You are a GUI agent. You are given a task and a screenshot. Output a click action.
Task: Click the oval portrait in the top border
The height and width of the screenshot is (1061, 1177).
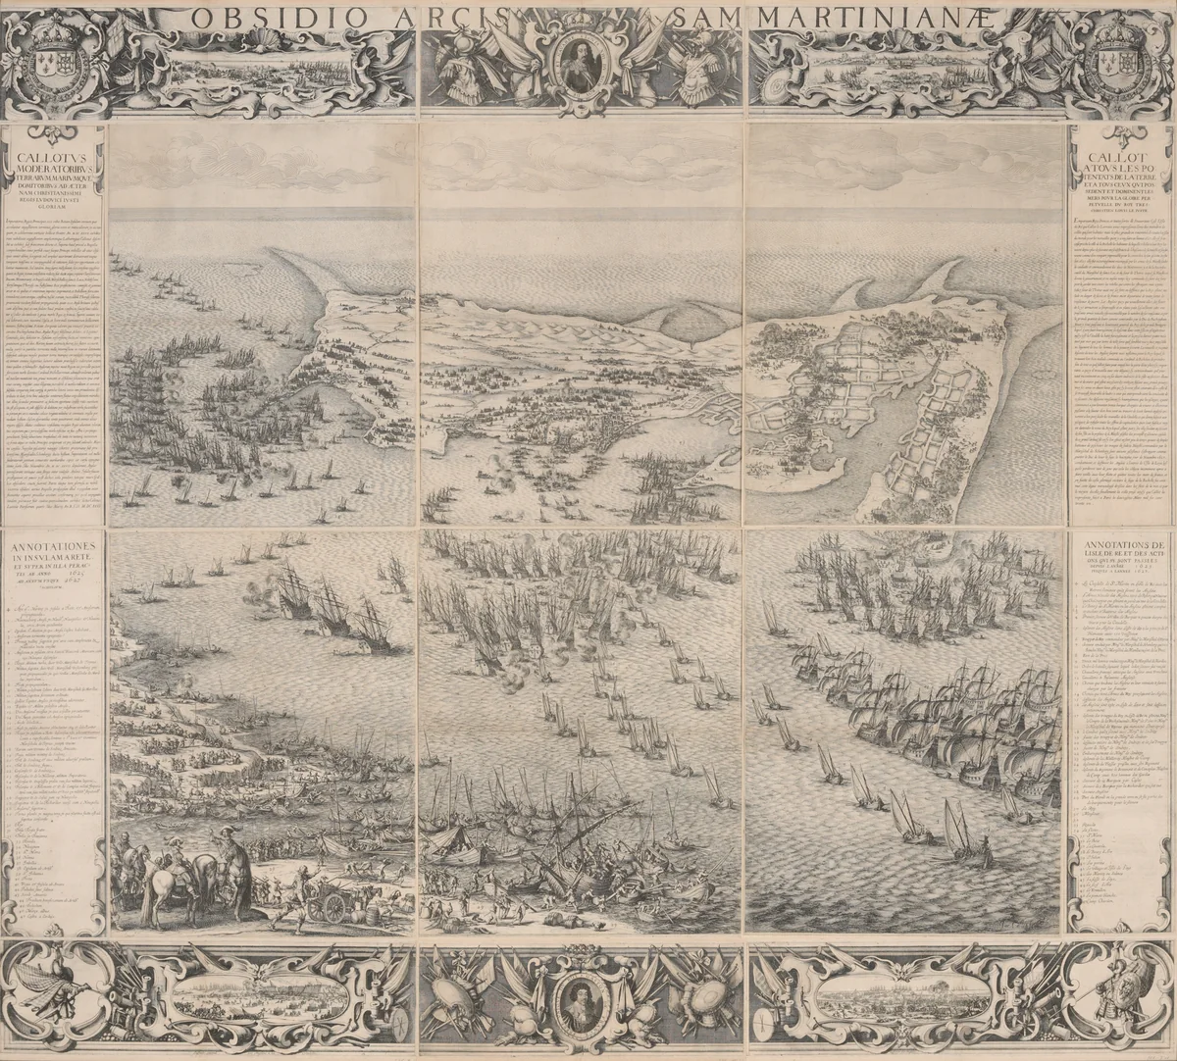[x=583, y=63]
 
